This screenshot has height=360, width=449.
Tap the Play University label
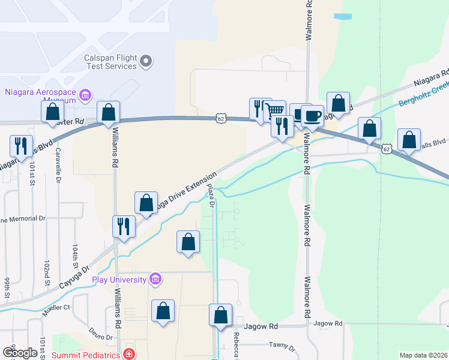click(x=119, y=280)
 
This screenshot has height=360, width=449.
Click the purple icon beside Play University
click(x=156, y=279)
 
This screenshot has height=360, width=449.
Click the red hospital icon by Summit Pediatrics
click(x=128, y=355)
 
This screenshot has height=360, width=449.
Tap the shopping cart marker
click(x=274, y=111)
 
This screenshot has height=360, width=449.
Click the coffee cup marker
click(x=312, y=115)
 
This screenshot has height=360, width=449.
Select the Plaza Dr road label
click(x=211, y=196)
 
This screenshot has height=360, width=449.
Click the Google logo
click(x=20, y=352)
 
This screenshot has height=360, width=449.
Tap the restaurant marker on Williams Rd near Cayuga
click(x=124, y=227)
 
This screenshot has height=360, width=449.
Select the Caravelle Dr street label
click(x=58, y=171)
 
